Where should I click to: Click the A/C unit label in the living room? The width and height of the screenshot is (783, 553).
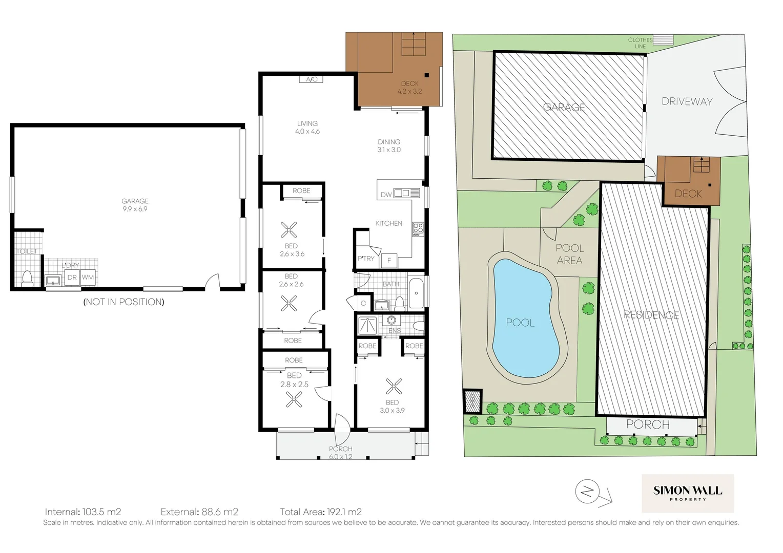(x=312, y=79)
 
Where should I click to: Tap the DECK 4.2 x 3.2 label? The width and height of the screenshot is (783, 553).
(x=409, y=88)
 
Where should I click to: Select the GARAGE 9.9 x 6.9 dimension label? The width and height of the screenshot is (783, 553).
(x=135, y=205)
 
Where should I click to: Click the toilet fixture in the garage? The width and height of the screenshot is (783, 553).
(x=27, y=279)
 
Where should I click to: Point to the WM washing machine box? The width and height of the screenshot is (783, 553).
(x=88, y=278)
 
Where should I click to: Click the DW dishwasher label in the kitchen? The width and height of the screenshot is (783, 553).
(x=386, y=195)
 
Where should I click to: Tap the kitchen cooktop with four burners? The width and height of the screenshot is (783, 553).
(x=418, y=228)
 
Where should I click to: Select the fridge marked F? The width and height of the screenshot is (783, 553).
(x=389, y=260)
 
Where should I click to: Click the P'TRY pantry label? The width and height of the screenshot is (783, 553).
(x=366, y=259)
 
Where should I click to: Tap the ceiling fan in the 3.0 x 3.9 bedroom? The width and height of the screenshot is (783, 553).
(x=394, y=386)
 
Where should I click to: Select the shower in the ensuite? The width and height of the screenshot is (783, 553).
(x=367, y=326)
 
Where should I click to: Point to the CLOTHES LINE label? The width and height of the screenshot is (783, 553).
(x=640, y=43)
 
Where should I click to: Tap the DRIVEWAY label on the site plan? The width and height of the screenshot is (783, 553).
(x=687, y=101)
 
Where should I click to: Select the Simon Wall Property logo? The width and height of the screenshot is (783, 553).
(x=688, y=493)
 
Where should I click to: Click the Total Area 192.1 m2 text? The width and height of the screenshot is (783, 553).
(x=321, y=512)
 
